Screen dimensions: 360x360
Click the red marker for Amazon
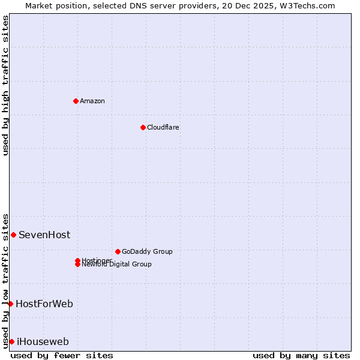tap(76, 101)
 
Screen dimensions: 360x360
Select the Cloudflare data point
tap(143, 127)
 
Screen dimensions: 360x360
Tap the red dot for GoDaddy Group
tap(118, 251)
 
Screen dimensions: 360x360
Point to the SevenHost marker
tap(13, 235)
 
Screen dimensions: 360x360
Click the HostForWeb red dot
tap(10, 304)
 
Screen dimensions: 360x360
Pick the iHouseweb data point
tap(11, 341)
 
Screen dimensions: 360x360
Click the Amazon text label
tap(92, 101)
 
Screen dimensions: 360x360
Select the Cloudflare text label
tap(163, 127)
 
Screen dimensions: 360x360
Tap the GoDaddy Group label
tap(147, 251)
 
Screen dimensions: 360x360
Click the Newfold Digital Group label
tap(116, 265)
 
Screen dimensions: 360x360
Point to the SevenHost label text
tap(44, 235)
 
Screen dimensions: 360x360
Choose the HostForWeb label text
tap(44, 304)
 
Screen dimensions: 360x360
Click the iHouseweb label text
tap(43, 341)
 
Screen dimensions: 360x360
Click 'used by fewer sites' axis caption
tap(62, 355)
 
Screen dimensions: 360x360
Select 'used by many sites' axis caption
tap(301, 355)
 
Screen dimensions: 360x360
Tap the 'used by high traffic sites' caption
tap(5, 85)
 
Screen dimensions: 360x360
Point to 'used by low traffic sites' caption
tap(5, 281)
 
